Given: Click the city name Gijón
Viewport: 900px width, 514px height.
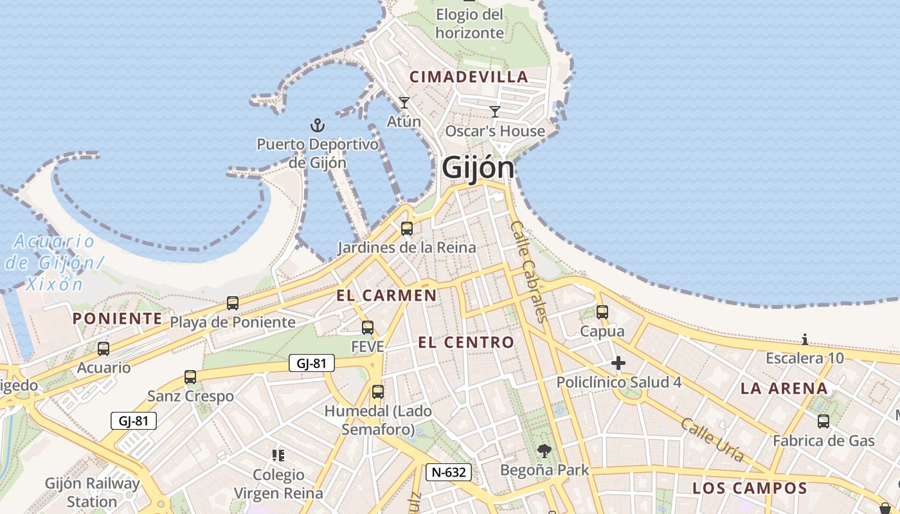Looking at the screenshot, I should [478, 168].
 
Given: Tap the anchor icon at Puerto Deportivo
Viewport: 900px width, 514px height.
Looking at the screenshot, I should [317, 125].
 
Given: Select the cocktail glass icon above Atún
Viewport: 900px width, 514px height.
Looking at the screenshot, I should [404, 103].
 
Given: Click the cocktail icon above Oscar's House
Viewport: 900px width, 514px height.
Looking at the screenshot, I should [495, 112].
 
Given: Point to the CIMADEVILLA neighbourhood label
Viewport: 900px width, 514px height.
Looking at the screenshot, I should [469, 77].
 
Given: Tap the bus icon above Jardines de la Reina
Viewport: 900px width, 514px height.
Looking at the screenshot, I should [407, 228].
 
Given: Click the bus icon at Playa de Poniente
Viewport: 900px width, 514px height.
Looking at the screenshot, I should [233, 303].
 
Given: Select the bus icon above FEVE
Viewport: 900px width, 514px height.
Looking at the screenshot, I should [368, 328].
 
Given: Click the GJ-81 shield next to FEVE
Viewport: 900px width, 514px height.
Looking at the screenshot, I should [312, 364].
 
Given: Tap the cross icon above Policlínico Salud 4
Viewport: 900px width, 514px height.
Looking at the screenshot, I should [618, 364].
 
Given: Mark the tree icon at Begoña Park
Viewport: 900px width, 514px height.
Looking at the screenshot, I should [544, 452].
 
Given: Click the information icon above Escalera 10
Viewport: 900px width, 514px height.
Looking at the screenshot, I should [804, 339].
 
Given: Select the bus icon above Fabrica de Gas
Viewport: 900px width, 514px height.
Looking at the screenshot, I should [824, 421].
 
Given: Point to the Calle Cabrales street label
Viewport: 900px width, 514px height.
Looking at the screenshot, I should [529, 271].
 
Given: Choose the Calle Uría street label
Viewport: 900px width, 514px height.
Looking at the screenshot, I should [712, 441].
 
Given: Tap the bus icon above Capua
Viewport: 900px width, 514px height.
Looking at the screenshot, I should [602, 312].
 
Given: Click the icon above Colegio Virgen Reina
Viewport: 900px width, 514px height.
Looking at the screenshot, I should [278, 456].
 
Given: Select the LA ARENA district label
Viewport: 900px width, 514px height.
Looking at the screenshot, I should [784, 389].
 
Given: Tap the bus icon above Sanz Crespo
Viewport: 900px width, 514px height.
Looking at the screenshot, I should [190, 377].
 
